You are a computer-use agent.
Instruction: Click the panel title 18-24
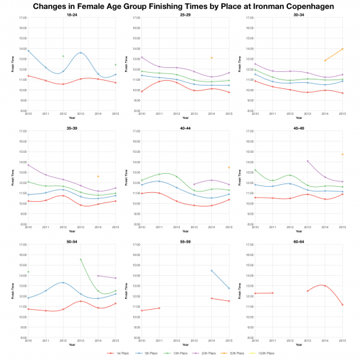(71, 14)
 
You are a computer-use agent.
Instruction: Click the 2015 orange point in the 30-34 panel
(342, 49)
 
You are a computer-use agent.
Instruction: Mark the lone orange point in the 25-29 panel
(212, 58)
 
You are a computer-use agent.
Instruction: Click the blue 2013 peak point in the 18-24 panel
(81, 52)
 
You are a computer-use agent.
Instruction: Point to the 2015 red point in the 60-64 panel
(342, 304)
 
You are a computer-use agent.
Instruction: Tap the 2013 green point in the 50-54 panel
(81, 259)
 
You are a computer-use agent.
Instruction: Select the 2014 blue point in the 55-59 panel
(212, 270)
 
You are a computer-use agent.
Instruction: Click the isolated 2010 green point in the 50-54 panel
(28, 272)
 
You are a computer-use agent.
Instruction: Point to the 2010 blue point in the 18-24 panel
(28, 50)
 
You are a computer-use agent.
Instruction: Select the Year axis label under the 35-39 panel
(71, 231)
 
